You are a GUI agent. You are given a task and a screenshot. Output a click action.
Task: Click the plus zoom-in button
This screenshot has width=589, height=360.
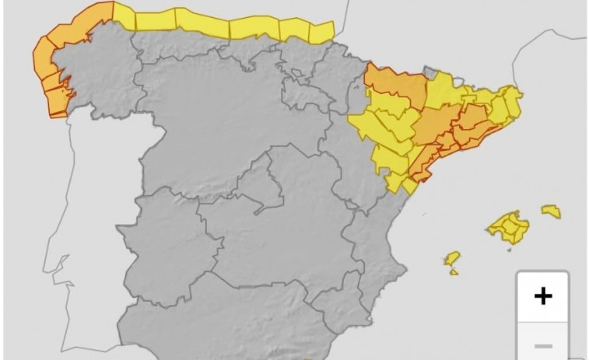(543, 295)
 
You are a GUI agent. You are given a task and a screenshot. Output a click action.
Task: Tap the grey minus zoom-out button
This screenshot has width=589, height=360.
(543, 345)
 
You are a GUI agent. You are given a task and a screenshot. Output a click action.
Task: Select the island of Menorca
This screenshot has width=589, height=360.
(552, 211)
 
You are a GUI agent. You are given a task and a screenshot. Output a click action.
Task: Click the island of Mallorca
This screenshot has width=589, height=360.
(508, 227)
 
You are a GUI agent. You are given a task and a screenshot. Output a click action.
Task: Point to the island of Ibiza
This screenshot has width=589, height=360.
(451, 258)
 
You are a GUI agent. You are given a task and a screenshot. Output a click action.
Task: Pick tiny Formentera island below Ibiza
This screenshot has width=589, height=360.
(454, 272)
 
